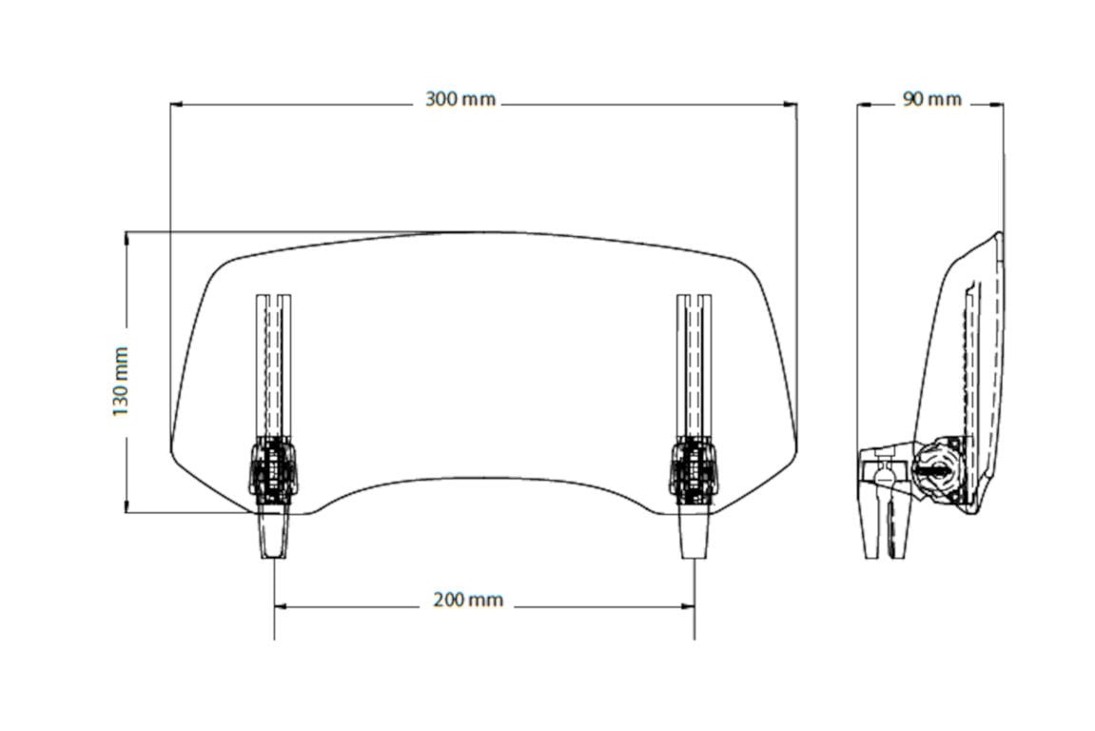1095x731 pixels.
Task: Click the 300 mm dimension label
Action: coord(460,100)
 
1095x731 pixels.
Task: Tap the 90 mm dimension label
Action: coord(931,99)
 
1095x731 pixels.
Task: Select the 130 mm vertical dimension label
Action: coord(121,381)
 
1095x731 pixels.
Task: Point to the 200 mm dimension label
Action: coord(467,601)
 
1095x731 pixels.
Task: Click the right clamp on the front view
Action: coord(694,468)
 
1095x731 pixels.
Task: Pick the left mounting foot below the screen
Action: coord(273,533)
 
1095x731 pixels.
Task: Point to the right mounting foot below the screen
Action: coord(694,533)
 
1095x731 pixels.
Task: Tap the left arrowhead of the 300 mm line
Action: coord(177,105)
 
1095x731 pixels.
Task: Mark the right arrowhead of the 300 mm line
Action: coord(791,105)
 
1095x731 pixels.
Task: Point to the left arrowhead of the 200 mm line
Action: coord(281,605)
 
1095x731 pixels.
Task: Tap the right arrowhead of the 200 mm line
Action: coord(688,605)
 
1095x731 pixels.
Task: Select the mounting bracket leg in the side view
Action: coord(873,524)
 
